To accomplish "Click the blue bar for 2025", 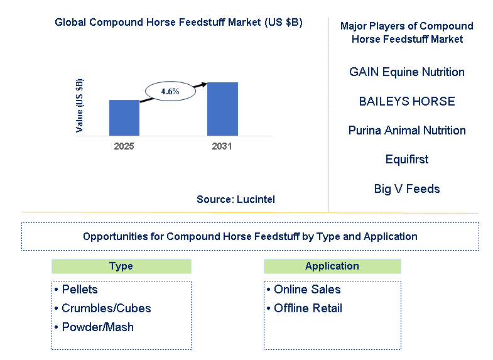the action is pyautogui.click(x=124, y=118).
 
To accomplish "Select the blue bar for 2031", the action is pyautogui.click(x=222, y=109).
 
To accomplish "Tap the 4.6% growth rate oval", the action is pyautogui.click(x=170, y=91).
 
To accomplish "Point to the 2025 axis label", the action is pyautogui.click(x=124, y=146).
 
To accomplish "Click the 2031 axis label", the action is pyautogui.click(x=222, y=146).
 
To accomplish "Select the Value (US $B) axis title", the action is pyautogui.click(x=80, y=106).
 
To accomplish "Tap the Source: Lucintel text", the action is pyautogui.click(x=236, y=199).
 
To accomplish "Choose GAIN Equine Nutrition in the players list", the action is pyautogui.click(x=407, y=72).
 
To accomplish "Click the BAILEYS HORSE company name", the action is pyautogui.click(x=407, y=101).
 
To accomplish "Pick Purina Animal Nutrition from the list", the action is pyautogui.click(x=407, y=131).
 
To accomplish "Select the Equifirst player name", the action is pyautogui.click(x=407, y=160).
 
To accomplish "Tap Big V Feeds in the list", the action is pyautogui.click(x=407, y=189).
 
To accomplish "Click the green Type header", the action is pyautogui.click(x=121, y=266).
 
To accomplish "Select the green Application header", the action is pyautogui.click(x=332, y=266).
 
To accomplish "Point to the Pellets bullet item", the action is pyautogui.click(x=76, y=289).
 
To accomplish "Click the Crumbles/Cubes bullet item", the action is pyautogui.click(x=102, y=308).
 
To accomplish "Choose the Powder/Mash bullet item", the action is pyautogui.click(x=94, y=327).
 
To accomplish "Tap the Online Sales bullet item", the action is pyautogui.click(x=303, y=289).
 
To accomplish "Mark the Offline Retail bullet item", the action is pyautogui.click(x=304, y=308).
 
